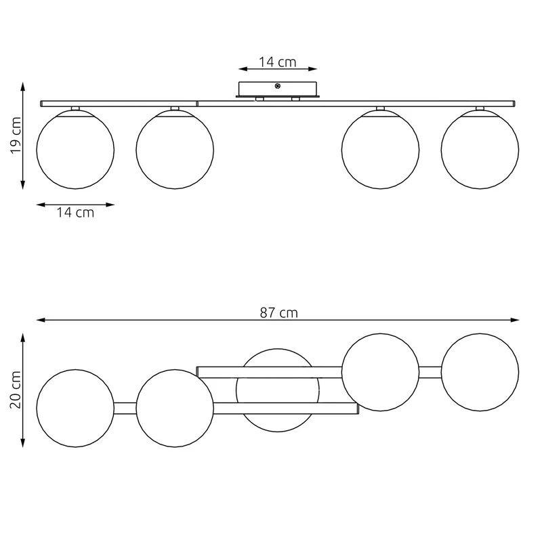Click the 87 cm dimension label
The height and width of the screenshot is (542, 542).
click(x=278, y=312)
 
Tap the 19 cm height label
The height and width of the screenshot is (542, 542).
click(x=16, y=135)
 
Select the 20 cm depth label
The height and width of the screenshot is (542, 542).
click(x=16, y=390)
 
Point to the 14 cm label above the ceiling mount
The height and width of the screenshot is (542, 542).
click(x=278, y=62)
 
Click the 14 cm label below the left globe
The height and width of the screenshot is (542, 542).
click(x=75, y=212)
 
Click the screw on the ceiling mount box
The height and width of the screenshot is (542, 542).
click(x=277, y=86)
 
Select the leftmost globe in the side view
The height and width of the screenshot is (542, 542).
click(x=75, y=150)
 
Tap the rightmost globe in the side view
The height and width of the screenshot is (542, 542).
click(x=480, y=150)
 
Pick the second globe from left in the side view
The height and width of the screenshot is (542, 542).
click(x=175, y=150)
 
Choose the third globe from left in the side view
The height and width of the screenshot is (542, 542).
click(x=380, y=150)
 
